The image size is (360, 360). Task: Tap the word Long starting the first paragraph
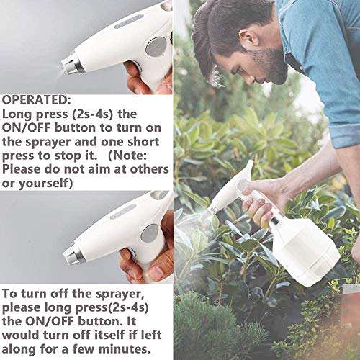click(x=19, y=114)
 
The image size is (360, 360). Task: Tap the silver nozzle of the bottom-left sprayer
click(x=72, y=252)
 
